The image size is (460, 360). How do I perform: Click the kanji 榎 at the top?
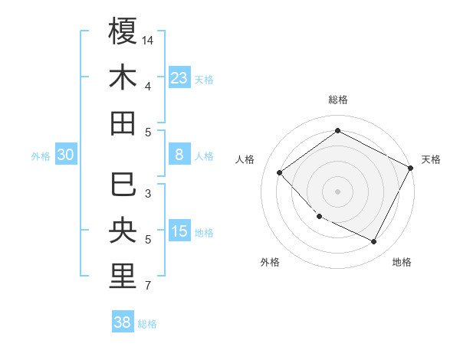click(x=123, y=31)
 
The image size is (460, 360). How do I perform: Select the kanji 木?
click(x=123, y=77)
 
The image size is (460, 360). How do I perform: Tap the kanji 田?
click(x=123, y=123)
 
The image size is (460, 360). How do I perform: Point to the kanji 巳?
click(x=123, y=185)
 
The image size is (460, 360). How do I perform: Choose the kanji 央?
click(x=123, y=231)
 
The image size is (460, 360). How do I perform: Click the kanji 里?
click(x=123, y=277)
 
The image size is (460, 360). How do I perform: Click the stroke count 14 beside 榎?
click(x=149, y=40)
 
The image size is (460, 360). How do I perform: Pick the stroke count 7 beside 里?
click(x=148, y=286)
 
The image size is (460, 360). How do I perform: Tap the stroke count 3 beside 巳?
click(x=148, y=194)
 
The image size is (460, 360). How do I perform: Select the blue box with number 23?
click(x=179, y=78)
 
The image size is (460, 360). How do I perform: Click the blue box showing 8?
click(x=179, y=155)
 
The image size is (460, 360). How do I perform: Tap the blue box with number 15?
click(x=179, y=231)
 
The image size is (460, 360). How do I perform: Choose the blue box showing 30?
click(x=65, y=155)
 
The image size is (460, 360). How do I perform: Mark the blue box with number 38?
click(x=123, y=322)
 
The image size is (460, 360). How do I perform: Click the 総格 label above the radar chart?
click(x=337, y=100)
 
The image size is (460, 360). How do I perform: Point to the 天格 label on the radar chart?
click(x=431, y=159)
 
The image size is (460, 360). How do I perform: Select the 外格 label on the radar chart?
click(x=270, y=262)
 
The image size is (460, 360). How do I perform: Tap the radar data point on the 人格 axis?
click(x=280, y=173)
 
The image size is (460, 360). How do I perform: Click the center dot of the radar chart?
click(x=337, y=191)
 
